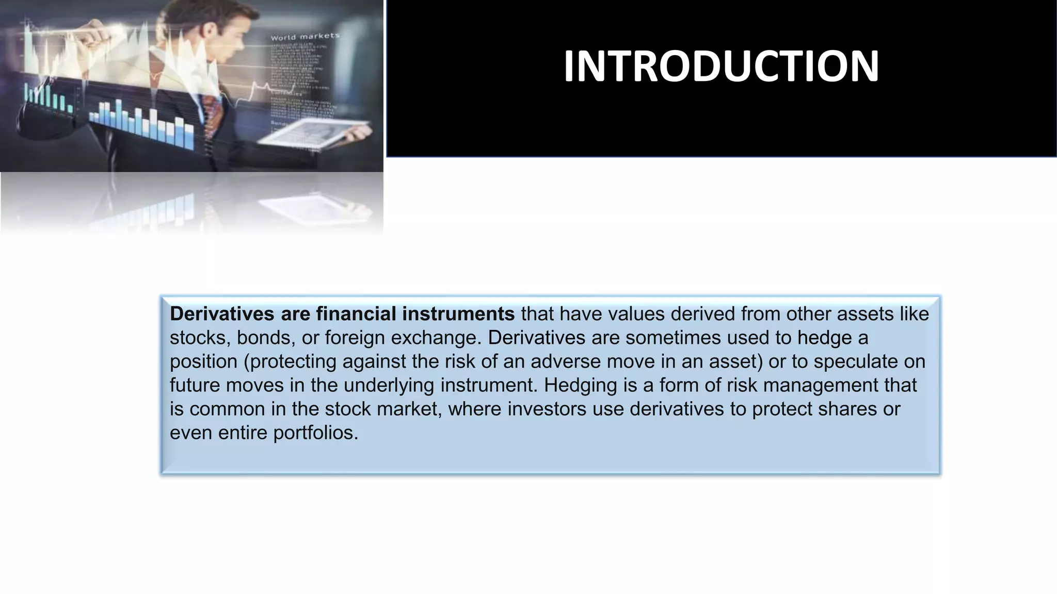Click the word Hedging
click(x=576, y=385)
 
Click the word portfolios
click(x=315, y=433)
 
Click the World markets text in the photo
click(x=305, y=37)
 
